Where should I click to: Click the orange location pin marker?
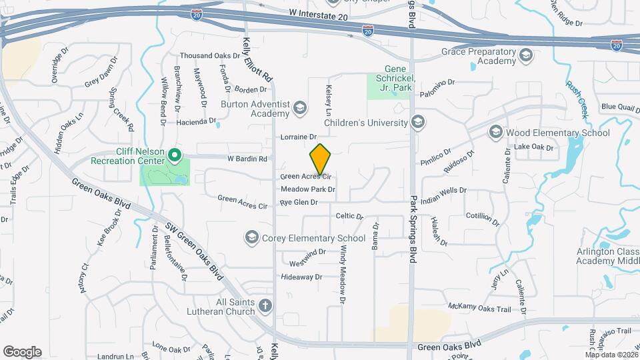(320, 159)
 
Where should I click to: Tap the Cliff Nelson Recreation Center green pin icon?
(175, 156)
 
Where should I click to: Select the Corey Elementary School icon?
(252, 237)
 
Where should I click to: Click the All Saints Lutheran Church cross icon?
(265, 307)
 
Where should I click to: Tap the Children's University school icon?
(418, 122)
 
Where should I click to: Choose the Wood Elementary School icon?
(495, 133)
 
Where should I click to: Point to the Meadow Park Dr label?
(307, 189)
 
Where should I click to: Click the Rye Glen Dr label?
(299, 202)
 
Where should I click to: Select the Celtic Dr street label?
(349, 216)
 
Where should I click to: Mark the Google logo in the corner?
(22, 352)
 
